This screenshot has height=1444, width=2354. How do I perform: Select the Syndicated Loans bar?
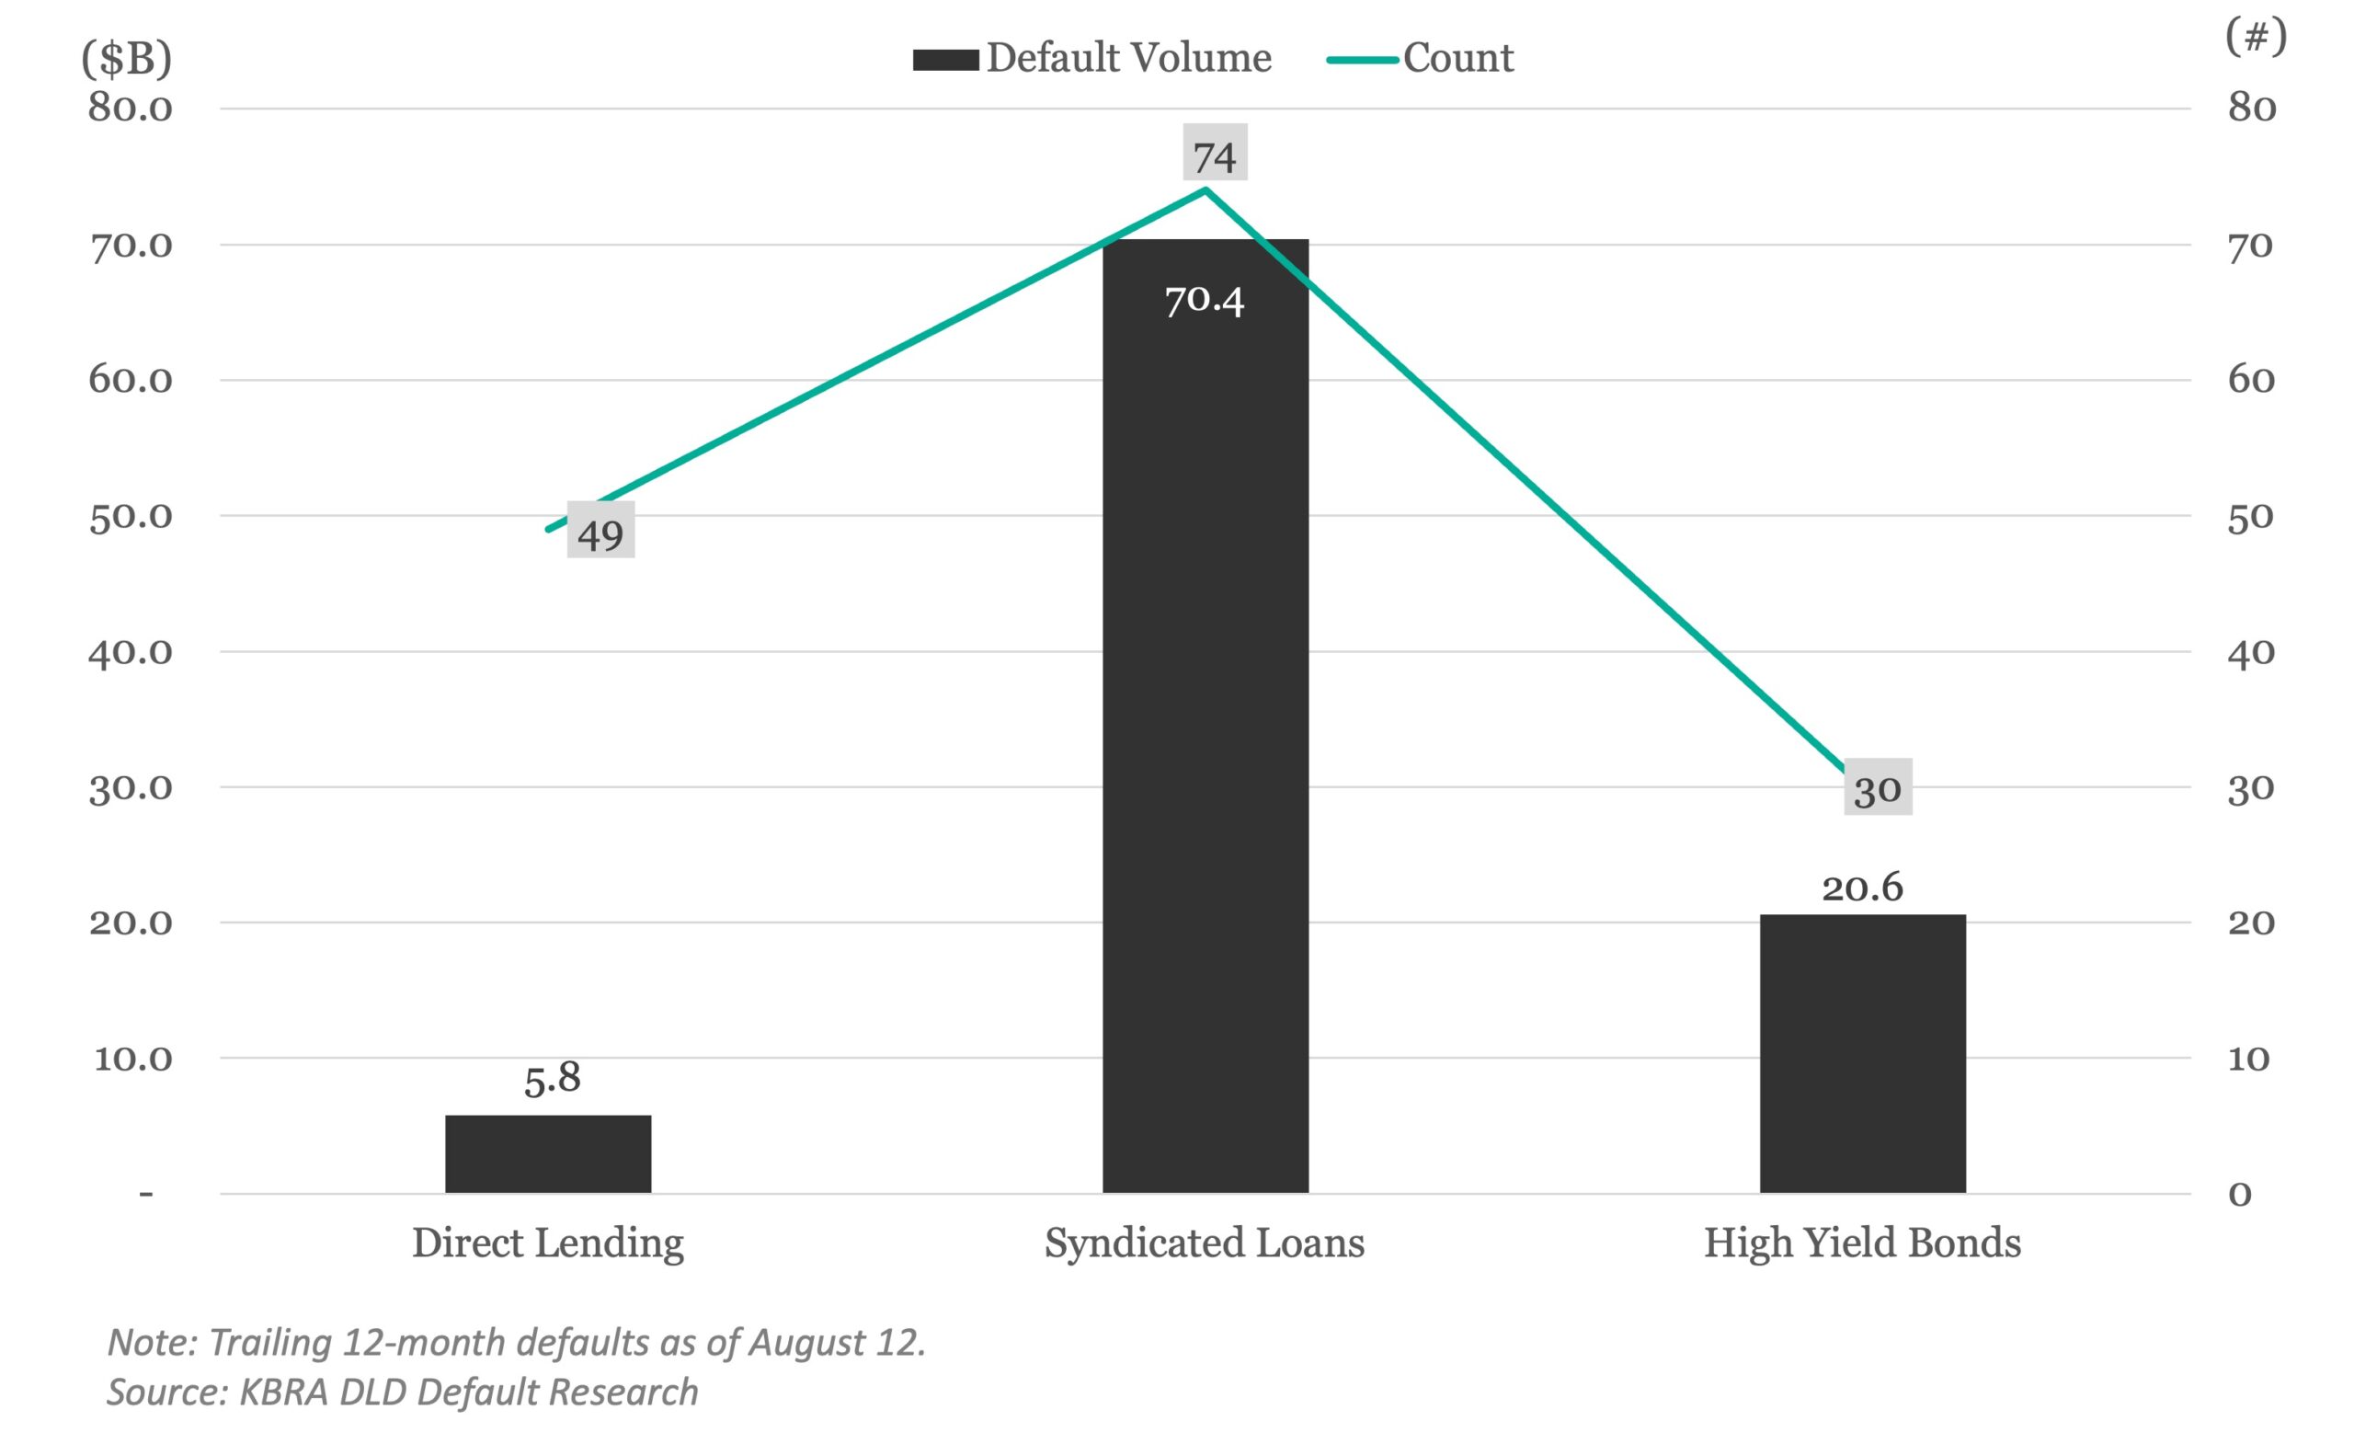coord(1205,716)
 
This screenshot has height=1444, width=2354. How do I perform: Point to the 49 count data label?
coord(600,532)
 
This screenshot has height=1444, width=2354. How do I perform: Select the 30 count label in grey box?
coord(1878,787)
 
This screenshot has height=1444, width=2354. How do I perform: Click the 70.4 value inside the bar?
coord(1204,301)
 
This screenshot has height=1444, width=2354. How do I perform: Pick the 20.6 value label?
coord(1862,888)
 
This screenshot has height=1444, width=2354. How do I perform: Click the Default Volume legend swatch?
coord(945,59)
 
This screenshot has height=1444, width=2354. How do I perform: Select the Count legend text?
coord(1457,58)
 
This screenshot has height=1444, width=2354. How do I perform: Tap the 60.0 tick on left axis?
coord(131,381)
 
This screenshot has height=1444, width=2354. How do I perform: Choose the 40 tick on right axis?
coord(2250,653)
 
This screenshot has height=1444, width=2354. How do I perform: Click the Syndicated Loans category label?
coord(1204,1243)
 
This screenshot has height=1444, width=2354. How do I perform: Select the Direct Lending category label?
coord(547,1243)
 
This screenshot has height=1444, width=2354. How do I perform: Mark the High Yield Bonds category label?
coord(1862,1243)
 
